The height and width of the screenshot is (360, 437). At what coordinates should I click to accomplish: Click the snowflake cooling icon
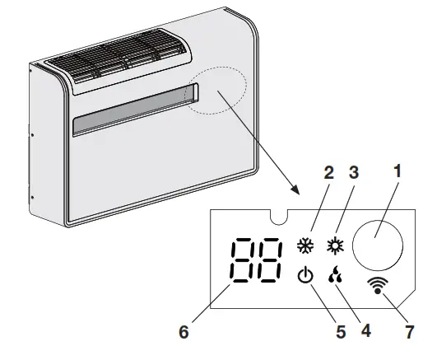tap(305, 245)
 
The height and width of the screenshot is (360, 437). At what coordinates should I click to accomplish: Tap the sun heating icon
tap(334, 245)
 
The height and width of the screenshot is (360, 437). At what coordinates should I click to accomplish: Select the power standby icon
tap(305, 276)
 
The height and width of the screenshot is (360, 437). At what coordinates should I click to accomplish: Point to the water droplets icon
tap(334, 277)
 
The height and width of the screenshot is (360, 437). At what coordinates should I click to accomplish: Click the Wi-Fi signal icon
tap(379, 286)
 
